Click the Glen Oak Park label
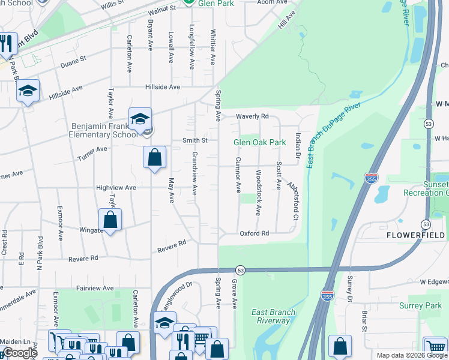pyautogui.click(x=259, y=142)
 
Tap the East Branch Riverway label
pyautogui.click(x=273, y=316)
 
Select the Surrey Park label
pyautogui.click(x=420, y=305)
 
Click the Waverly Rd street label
pyautogui.click(x=252, y=116)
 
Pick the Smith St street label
pyautogui.click(x=194, y=140)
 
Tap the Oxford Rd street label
pyautogui.click(x=254, y=233)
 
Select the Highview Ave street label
pyautogui.click(x=116, y=188)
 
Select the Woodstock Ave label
pyautogui.click(x=258, y=193)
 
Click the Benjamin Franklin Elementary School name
pyautogui.click(x=104, y=130)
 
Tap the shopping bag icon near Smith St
pyautogui.click(x=154, y=158)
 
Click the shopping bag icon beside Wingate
pyautogui.click(x=110, y=220)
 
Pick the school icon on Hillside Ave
pyautogui.click(x=28, y=91)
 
